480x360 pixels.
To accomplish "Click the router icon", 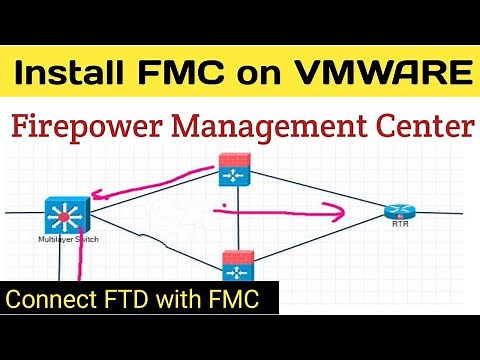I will click(398, 211).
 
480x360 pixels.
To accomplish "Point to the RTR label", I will click(399, 227).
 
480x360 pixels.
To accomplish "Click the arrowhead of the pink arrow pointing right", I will click(337, 210).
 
